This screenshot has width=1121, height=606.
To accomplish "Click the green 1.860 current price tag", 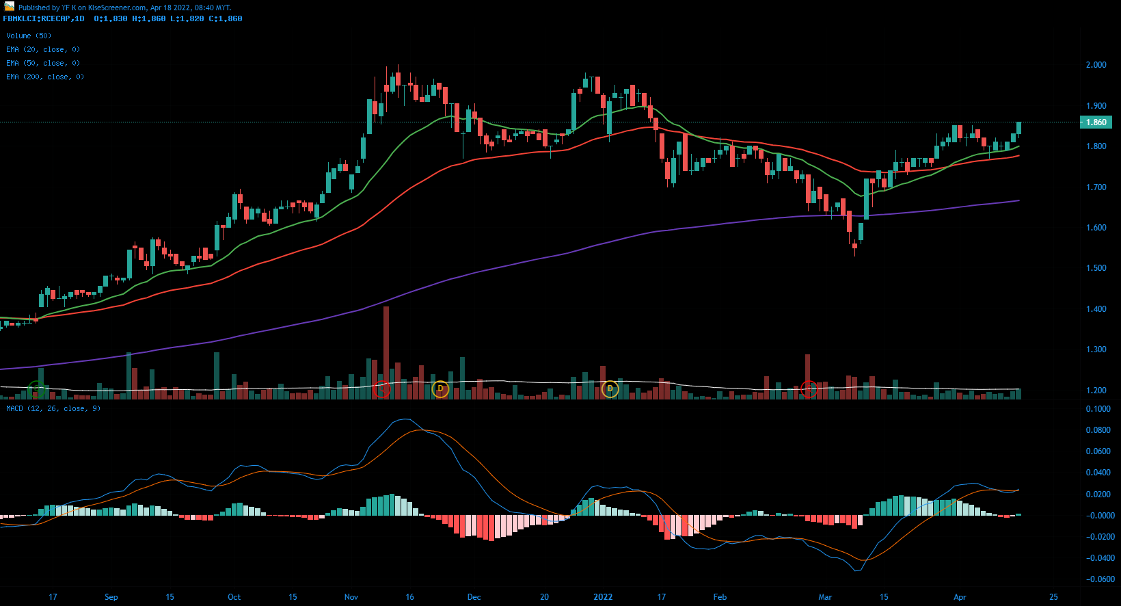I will tap(1096, 122).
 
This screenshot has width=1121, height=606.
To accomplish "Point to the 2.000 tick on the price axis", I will tap(1096, 65).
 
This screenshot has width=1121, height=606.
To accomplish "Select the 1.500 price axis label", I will tap(1096, 268).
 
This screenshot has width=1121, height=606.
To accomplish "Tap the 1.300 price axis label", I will tap(1096, 350).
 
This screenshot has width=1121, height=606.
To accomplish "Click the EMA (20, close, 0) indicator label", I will tap(42, 49).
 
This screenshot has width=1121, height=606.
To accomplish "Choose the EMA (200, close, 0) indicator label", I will tap(44, 77).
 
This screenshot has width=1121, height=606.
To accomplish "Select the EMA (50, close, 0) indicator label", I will tap(42, 63).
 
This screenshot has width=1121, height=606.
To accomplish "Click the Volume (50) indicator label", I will tap(29, 36).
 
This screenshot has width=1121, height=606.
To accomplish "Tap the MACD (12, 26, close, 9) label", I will tap(53, 408).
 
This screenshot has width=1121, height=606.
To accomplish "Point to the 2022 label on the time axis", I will tap(603, 597).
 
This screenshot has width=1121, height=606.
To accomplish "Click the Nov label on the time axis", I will tap(351, 597).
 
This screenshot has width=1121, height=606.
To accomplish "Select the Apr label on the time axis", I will tap(960, 597).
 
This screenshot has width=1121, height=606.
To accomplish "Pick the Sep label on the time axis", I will tap(111, 597).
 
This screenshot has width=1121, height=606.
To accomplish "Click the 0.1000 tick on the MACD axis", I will tap(1098, 409).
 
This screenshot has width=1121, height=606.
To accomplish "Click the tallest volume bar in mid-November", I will tap(386, 352).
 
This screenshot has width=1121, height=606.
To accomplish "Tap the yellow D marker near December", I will tap(440, 389).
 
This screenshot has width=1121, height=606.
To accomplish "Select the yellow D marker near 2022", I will tap(610, 389).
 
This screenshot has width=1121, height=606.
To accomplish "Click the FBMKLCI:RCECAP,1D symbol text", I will tap(44, 18).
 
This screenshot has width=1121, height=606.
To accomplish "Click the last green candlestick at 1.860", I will tap(1019, 128).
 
